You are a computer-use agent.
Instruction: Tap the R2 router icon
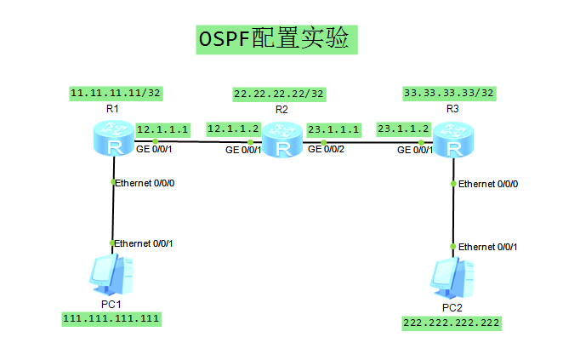(281, 140)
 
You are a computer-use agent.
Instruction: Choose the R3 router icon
(454, 140)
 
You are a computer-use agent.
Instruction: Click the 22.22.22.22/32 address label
(279, 94)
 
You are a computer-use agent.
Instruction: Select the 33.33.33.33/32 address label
(449, 93)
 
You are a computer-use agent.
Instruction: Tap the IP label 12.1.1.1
(162, 129)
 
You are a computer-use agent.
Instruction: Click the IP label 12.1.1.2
(232, 129)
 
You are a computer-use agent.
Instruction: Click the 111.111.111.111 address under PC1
(111, 318)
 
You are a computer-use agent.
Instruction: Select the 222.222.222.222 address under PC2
(452, 323)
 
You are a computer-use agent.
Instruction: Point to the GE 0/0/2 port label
(327, 149)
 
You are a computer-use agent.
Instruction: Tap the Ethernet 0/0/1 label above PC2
(487, 247)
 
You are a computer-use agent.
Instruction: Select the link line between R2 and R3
(366, 141)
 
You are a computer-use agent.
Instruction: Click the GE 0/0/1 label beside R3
(415, 151)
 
